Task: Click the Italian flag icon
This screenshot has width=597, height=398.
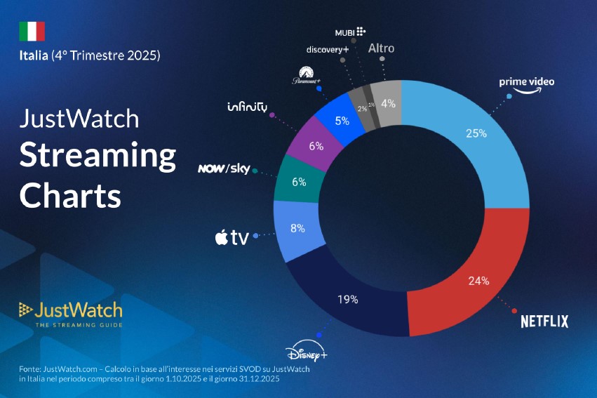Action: point(32,31)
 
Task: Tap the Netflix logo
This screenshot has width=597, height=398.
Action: point(544,321)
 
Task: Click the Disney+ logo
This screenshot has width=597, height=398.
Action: point(307,353)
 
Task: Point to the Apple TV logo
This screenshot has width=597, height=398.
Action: point(231,238)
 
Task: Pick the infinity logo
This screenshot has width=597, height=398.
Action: point(247,107)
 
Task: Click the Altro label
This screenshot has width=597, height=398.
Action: point(382,48)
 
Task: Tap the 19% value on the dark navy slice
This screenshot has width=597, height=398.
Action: point(347,299)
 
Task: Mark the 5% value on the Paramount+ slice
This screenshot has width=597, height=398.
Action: point(342,120)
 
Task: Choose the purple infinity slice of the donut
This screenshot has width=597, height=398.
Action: point(316,147)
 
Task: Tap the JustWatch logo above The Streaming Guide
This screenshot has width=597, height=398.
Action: point(70,310)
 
